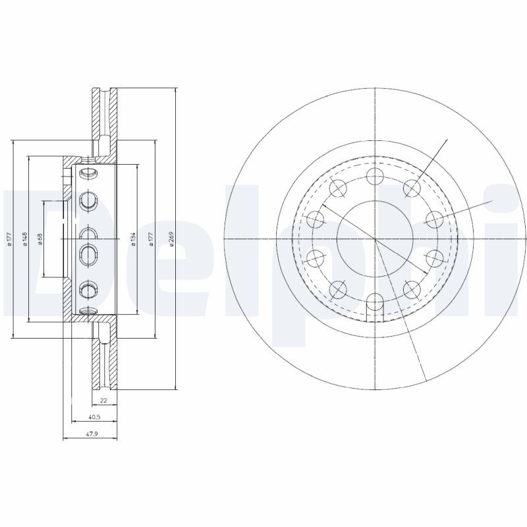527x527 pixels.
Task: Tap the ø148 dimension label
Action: (x=24, y=239)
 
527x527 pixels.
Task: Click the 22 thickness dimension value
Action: (x=103, y=401)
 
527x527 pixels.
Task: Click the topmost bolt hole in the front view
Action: (x=374, y=176)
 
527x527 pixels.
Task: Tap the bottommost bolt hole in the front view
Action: (x=374, y=302)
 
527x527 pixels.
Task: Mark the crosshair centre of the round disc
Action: (x=374, y=239)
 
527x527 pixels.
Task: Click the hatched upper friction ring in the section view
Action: (x=103, y=112)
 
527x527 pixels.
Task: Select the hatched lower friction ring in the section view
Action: (x=103, y=362)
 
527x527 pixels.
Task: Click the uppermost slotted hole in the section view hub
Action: (x=88, y=173)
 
